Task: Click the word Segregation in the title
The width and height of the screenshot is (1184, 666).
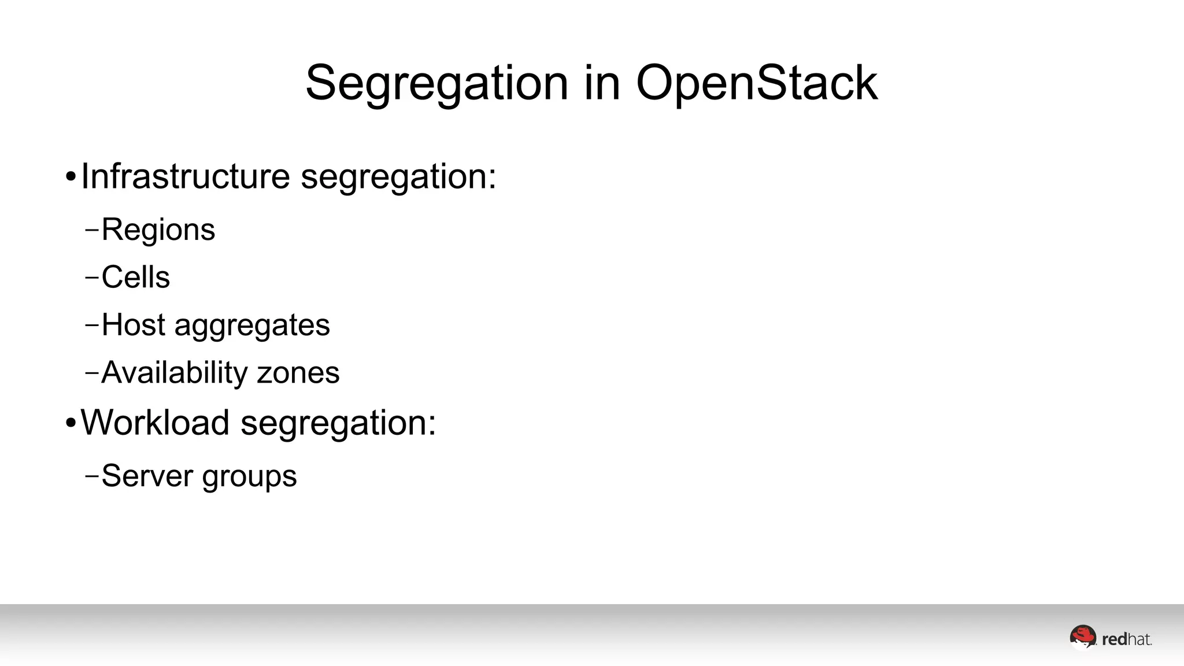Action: click(437, 84)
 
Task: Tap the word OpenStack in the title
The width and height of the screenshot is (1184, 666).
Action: click(757, 84)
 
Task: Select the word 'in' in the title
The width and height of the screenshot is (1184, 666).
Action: click(602, 83)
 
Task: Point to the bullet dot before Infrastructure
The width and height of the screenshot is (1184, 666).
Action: click(71, 177)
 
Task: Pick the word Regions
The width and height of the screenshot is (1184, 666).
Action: click(158, 230)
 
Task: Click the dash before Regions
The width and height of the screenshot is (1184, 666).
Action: click(91, 230)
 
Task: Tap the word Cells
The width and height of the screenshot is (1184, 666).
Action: click(135, 277)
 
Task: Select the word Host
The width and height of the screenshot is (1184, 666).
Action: click(134, 324)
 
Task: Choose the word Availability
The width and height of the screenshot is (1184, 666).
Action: click(175, 373)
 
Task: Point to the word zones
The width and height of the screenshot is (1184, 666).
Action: click(298, 373)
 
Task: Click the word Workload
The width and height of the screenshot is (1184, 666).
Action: click(155, 423)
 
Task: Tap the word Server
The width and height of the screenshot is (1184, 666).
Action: click(147, 476)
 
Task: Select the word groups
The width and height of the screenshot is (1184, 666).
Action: click(249, 478)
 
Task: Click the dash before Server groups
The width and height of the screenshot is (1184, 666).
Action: click(91, 476)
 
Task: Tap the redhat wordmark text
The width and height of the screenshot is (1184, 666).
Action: click(1127, 639)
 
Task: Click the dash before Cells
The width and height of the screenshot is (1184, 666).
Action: click(91, 277)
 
